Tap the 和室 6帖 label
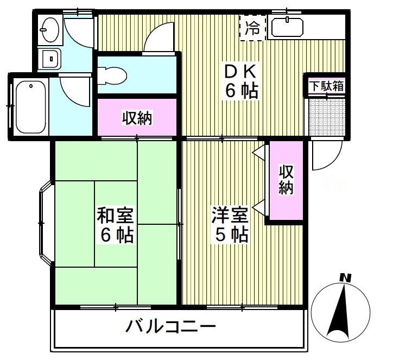(116, 225)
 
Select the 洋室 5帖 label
(231, 225)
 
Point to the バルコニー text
(171, 327)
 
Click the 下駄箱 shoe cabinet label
(326, 86)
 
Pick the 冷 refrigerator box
(253, 28)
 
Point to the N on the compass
(344, 278)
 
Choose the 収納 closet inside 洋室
(286, 180)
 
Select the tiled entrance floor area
(327, 117)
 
